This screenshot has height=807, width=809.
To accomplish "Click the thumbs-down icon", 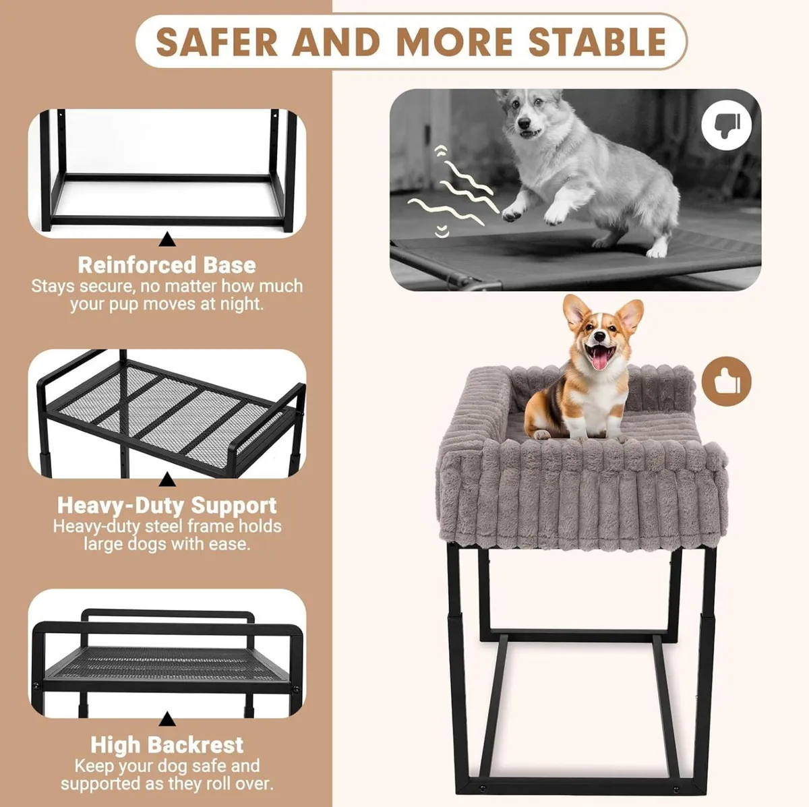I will [x=725, y=125].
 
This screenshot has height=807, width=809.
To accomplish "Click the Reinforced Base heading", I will [x=167, y=264].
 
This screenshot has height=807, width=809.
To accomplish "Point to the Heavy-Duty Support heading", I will [x=167, y=505].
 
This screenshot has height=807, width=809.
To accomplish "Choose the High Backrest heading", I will [x=167, y=744].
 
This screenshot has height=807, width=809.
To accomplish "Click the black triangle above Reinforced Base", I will [x=167, y=239].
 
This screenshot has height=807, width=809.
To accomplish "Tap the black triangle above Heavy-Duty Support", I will [x=167, y=480].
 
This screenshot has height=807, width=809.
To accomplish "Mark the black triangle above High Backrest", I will [x=167, y=721].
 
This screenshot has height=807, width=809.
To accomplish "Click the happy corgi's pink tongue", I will [x=598, y=361].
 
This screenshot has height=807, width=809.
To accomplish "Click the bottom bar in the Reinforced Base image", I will [x=167, y=220].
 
